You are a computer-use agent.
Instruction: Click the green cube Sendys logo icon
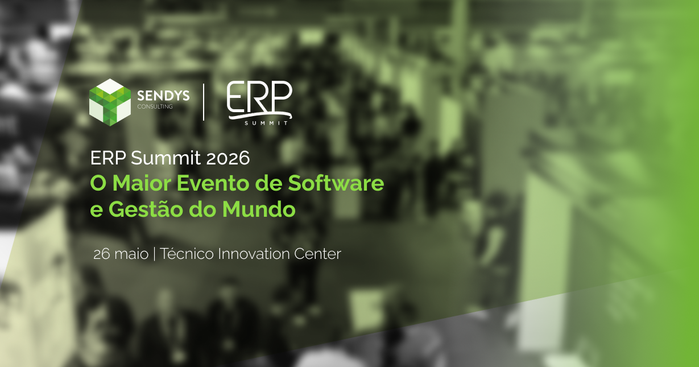coord(110,101)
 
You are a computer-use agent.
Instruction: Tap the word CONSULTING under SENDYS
coord(155,106)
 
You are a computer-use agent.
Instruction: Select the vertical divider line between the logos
coord(204,102)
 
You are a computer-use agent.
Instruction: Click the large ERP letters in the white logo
coord(259,98)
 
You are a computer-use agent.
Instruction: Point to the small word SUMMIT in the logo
coord(267,122)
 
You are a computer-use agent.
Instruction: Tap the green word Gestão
coord(148,209)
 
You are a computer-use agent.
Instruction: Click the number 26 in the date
coord(102,254)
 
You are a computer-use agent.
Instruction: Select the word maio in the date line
coord(131,254)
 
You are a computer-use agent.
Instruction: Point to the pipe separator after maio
coord(155,254)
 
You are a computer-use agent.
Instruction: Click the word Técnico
coord(187,254)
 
